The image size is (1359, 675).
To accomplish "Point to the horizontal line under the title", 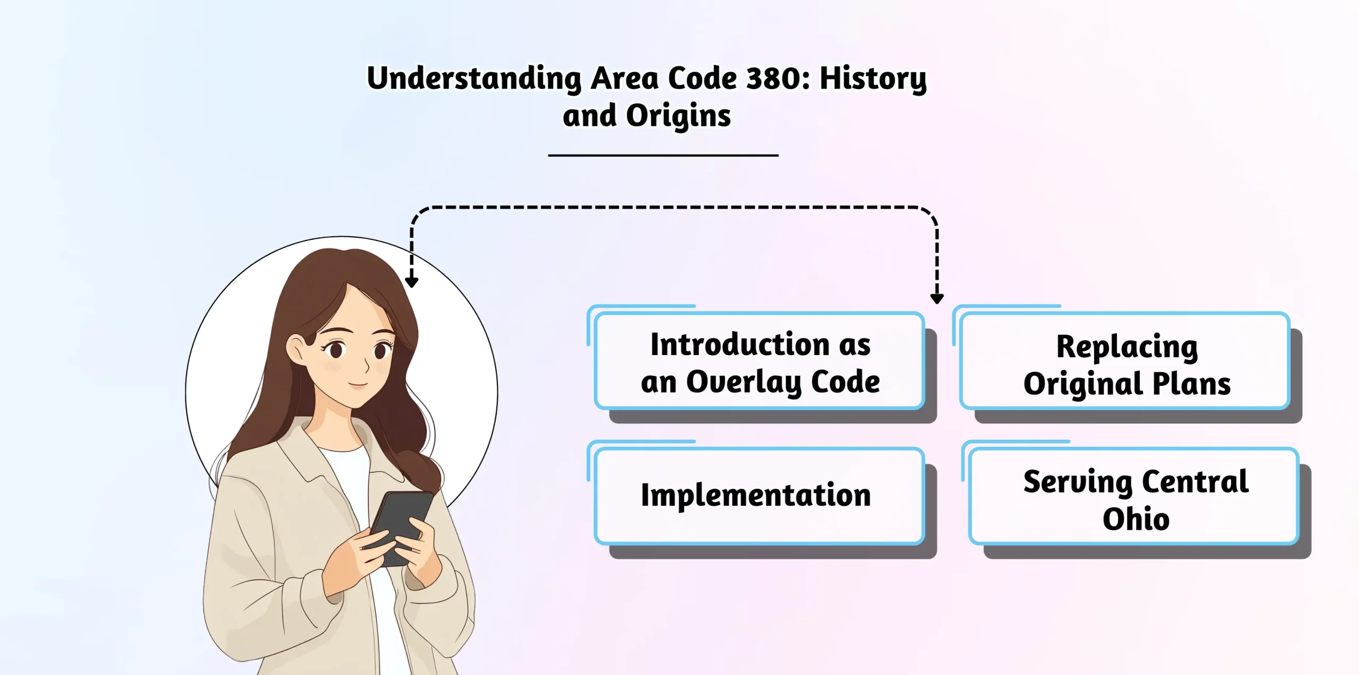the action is pyautogui.click(x=663, y=155).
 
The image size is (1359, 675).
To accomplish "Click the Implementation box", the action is pyautogui.click(x=759, y=496).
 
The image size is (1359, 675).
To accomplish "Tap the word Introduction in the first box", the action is pyautogui.click(x=739, y=344).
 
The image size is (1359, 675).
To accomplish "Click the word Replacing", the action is pyautogui.click(x=1127, y=348).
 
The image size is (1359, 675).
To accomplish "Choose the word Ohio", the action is pyautogui.click(x=1136, y=518).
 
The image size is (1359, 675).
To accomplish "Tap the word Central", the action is pyautogui.click(x=1195, y=482).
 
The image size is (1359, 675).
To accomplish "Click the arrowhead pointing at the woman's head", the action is pyautogui.click(x=411, y=282).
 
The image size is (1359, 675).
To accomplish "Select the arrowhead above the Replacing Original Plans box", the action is pyautogui.click(x=937, y=299).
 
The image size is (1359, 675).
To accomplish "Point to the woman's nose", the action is pyautogui.click(x=365, y=366).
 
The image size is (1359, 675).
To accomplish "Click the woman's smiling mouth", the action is pyautogui.click(x=358, y=384).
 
